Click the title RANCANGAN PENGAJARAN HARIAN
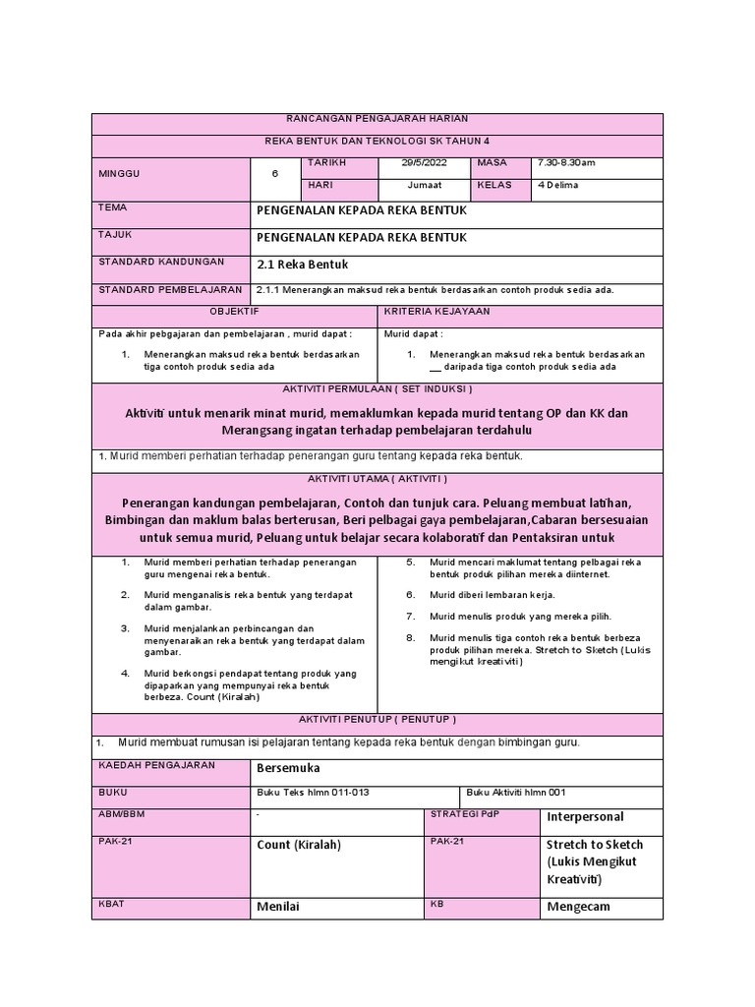click(377, 118)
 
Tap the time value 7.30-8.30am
click(566, 162)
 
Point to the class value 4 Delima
click(557, 185)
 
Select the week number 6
click(275, 173)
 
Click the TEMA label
click(114, 208)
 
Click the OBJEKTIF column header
click(234, 311)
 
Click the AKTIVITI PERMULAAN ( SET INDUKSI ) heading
click(377, 388)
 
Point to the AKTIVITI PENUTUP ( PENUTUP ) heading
click(377, 719)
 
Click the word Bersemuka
click(288, 767)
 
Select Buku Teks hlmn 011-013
click(313, 793)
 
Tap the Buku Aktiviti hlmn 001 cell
click(516, 793)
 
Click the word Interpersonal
click(585, 817)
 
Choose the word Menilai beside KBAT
click(278, 906)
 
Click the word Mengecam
click(578, 906)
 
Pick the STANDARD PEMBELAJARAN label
click(170, 290)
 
